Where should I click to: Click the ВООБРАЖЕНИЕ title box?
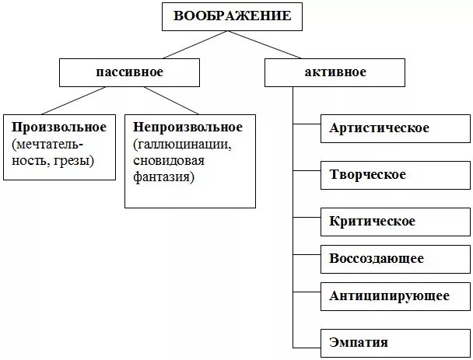tap(233, 16)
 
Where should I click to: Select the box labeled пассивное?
tap(129, 72)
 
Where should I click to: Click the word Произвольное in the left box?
tap(59, 126)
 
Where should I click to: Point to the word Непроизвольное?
tap(187, 126)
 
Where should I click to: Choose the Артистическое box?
tap(379, 128)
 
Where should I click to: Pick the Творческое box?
tap(368, 174)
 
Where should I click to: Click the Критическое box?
tap(373, 221)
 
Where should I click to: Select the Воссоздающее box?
tap(377, 258)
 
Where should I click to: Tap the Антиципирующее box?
tap(389, 295)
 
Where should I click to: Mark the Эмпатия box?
tap(359, 341)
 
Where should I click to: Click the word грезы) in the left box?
tap(75, 160)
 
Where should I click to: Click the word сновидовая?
tap(168, 160)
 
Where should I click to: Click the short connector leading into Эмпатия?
tap(307, 346)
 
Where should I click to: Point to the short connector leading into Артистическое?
tap(307, 123)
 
